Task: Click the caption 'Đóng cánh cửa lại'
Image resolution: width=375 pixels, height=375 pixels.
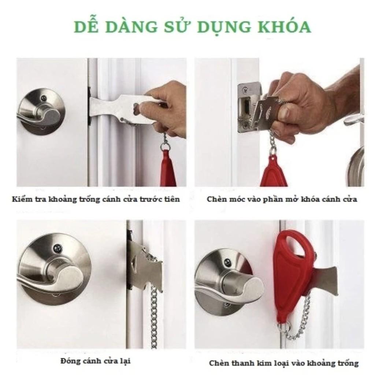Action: [96, 361]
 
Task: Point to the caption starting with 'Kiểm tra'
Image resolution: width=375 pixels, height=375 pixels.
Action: [96, 199]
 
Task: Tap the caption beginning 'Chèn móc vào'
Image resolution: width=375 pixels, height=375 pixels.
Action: [282, 199]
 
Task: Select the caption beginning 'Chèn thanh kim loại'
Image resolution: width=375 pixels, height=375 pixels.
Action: [284, 363]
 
